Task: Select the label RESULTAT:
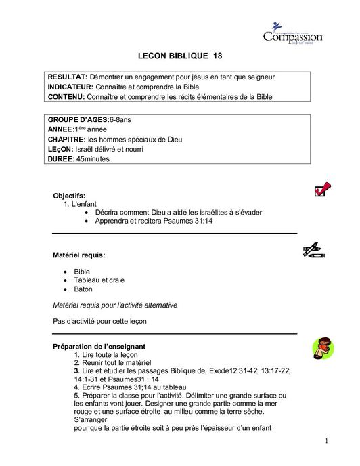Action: (68, 77)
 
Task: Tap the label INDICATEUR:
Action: (72, 87)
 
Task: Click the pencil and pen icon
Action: (313, 251)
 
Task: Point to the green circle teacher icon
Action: (321, 348)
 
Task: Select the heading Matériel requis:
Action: (79, 255)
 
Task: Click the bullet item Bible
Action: (82, 271)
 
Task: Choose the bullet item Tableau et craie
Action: (99, 280)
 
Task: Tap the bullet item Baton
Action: (83, 289)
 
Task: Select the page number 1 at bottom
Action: (325, 441)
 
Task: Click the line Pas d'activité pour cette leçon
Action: (99, 321)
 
